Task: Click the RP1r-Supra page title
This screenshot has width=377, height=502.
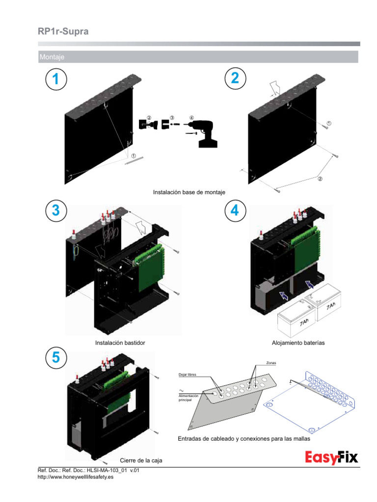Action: point(63,32)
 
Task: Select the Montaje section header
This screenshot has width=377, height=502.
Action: point(52,57)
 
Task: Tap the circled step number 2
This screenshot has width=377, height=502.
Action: point(235,79)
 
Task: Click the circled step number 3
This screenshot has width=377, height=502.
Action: point(55,211)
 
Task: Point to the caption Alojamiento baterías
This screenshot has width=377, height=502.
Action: point(298,343)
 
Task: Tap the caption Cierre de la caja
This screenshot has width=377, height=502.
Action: point(141,460)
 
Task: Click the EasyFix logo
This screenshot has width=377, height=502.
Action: point(331,458)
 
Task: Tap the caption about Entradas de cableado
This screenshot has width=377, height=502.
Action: point(243,439)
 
